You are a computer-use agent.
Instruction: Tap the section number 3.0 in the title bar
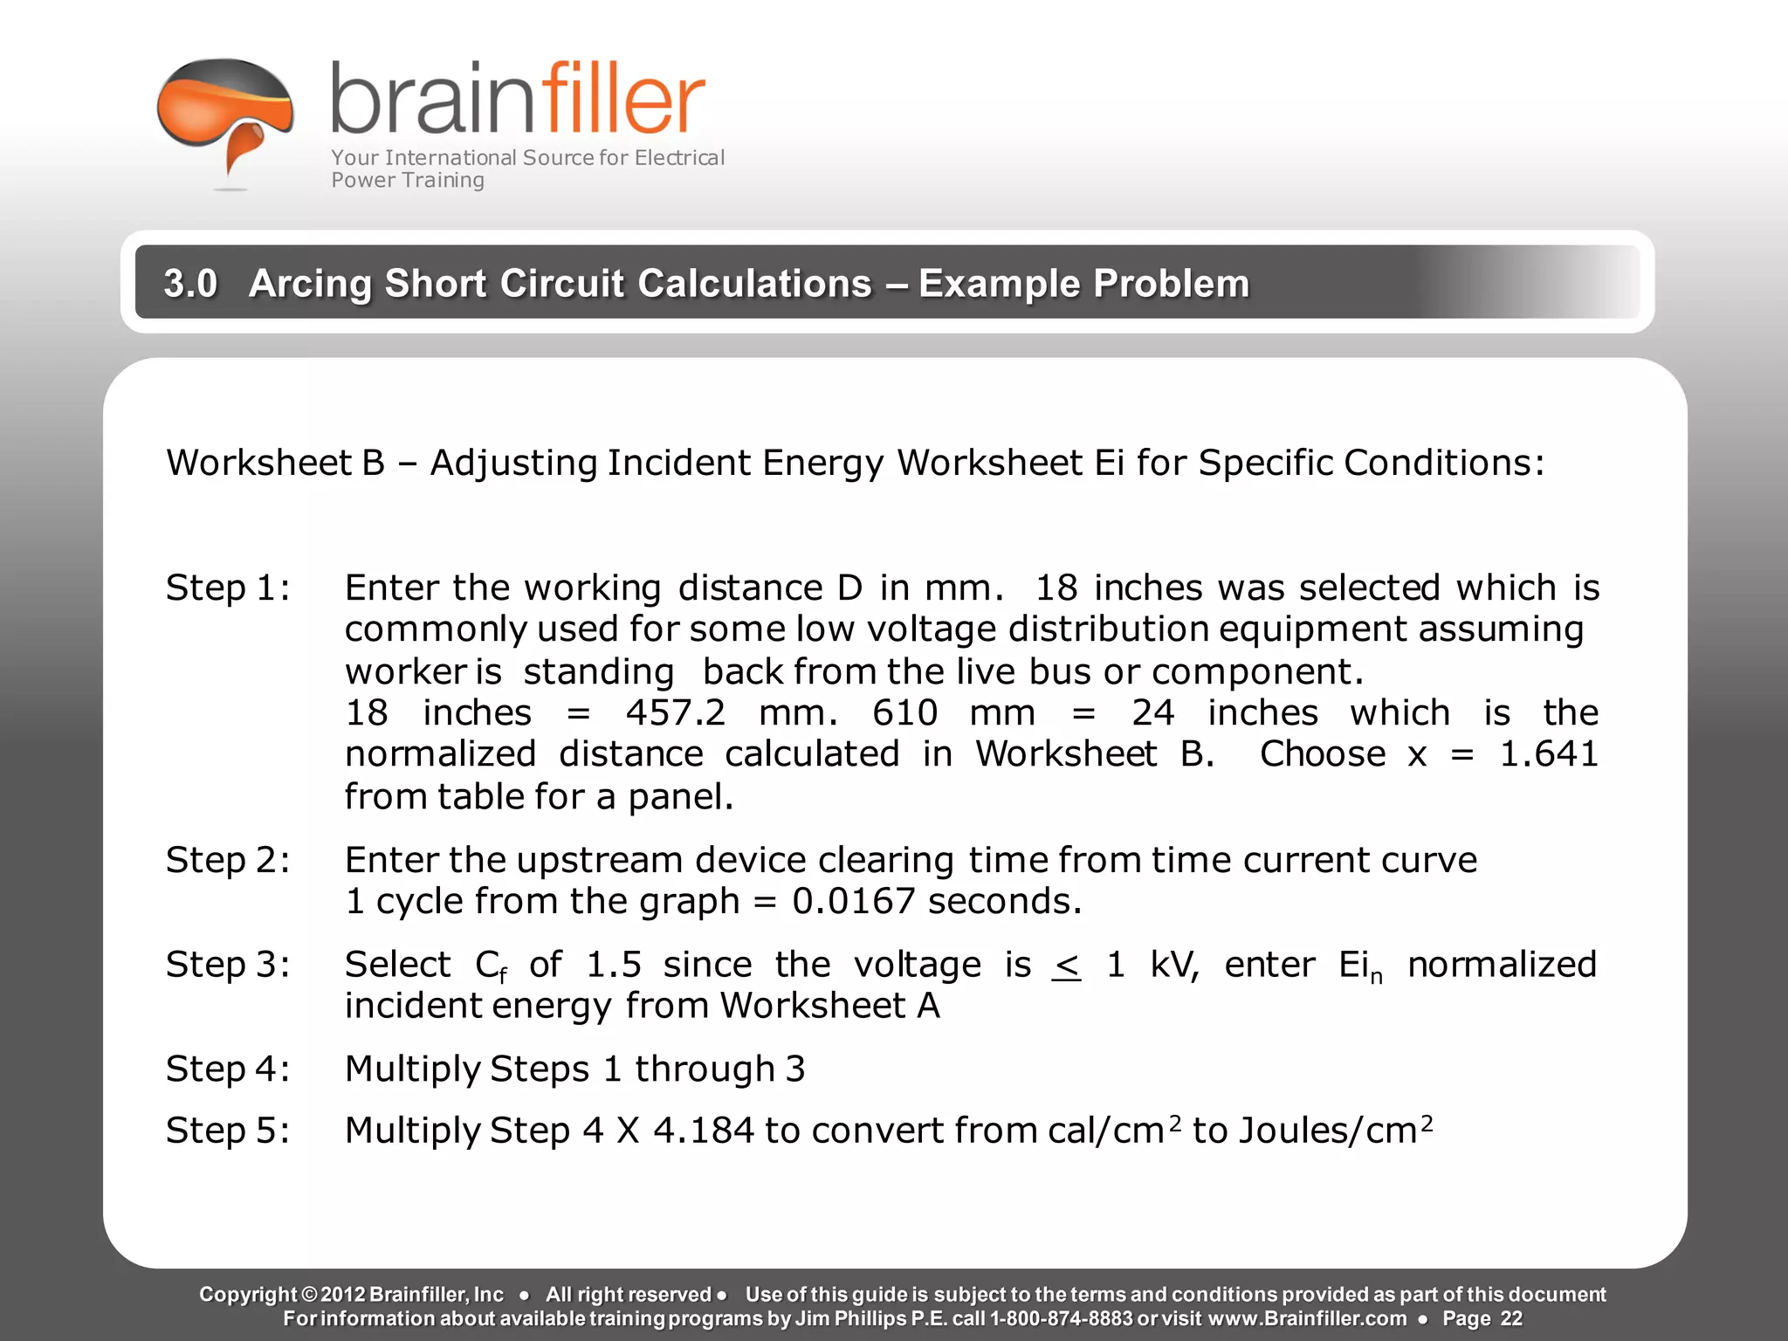[x=190, y=283]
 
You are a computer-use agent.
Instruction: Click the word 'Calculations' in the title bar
[x=754, y=283]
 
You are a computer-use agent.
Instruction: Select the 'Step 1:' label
[x=228, y=588]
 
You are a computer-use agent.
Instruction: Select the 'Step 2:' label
[x=228, y=861]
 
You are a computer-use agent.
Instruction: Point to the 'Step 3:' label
[x=228, y=966]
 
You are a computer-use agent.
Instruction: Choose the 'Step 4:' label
[x=228, y=1069]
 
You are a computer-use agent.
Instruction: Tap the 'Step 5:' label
[x=228, y=1131]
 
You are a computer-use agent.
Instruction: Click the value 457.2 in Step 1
[x=675, y=713]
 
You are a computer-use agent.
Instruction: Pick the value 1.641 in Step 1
[x=1548, y=754]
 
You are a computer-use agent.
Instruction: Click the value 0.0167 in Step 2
[x=853, y=902]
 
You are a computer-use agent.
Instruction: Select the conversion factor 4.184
[x=703, y=1131]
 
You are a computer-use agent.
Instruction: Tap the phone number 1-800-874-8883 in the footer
[x=1060, y=1318]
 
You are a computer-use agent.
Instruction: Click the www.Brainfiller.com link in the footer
[x=1307, y=1318]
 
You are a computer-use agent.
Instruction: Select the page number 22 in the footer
[x=1511, y=1318]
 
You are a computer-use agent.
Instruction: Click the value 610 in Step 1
[x=904, y=713]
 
